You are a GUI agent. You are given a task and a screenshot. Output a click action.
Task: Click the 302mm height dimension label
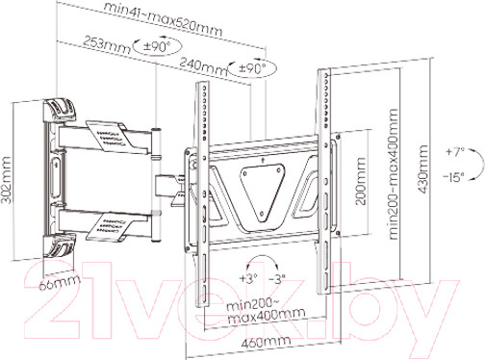(x=7, y=180)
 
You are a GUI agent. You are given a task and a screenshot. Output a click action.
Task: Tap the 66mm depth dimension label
(x=60, y=282)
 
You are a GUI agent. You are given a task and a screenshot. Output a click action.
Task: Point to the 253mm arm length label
(x=107, y=44)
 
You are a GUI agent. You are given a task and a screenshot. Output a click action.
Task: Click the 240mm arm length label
(x=203, y=65)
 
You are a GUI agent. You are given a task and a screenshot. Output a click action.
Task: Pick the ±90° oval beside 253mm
(x=157, y=47)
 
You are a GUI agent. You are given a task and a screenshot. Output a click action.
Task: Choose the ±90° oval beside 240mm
(x=252, y=68)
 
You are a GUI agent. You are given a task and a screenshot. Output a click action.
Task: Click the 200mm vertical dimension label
(x=361, y=181)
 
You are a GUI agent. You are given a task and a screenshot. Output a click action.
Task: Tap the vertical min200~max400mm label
(x=394, y=174)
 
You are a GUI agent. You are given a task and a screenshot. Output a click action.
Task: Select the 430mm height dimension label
(x=423, y=169)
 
